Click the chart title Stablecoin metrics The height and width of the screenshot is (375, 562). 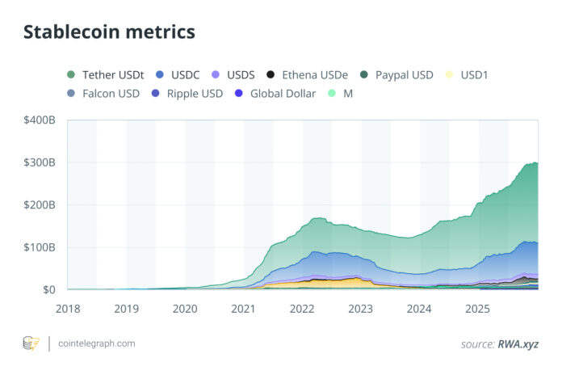click(x=109, y=32)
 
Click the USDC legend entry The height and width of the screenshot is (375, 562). click(x=179, y=75)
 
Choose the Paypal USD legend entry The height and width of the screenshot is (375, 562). click(x=404, y=75)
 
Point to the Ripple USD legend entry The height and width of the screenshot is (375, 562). click(x=195, y=94)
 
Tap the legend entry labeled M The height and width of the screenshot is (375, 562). click(x=348, y=94)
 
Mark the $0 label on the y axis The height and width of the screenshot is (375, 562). click(x=48, y=289)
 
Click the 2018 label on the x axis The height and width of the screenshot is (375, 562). click(x=68, y=308)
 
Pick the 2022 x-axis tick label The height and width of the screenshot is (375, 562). click(x=302, y=308)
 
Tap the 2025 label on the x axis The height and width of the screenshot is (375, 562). click(x=478, y=308)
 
